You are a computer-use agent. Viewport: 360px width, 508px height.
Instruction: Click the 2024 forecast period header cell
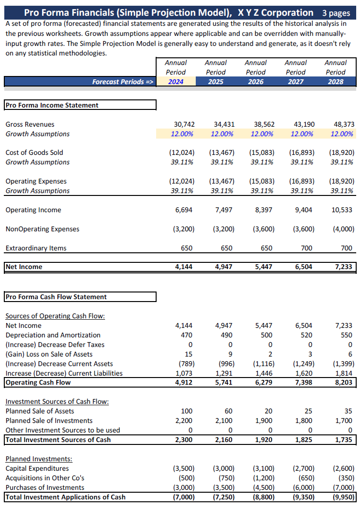(176, 82)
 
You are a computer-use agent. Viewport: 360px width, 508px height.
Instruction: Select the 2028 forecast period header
(335, 82)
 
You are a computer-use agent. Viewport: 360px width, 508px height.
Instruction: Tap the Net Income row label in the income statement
(24, 267)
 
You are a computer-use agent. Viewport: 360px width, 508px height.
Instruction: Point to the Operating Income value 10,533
(342, 210)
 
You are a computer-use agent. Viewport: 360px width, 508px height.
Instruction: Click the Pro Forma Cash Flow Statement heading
(56, 297)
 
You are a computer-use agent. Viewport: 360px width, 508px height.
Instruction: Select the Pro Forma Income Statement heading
(52, 105)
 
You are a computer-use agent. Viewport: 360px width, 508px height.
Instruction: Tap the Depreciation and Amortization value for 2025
(226, 335)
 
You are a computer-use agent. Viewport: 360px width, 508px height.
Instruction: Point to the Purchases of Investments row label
(45, 487)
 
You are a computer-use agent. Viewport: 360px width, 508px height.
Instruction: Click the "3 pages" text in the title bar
(336, 13)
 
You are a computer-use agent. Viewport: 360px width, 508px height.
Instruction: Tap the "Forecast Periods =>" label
(123, 82)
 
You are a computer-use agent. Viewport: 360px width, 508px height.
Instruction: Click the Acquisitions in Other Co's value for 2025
(224, 478)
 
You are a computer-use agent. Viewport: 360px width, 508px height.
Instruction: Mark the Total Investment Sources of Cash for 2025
(223, 440)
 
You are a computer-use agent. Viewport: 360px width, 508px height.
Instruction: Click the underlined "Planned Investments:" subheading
(39, 459)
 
